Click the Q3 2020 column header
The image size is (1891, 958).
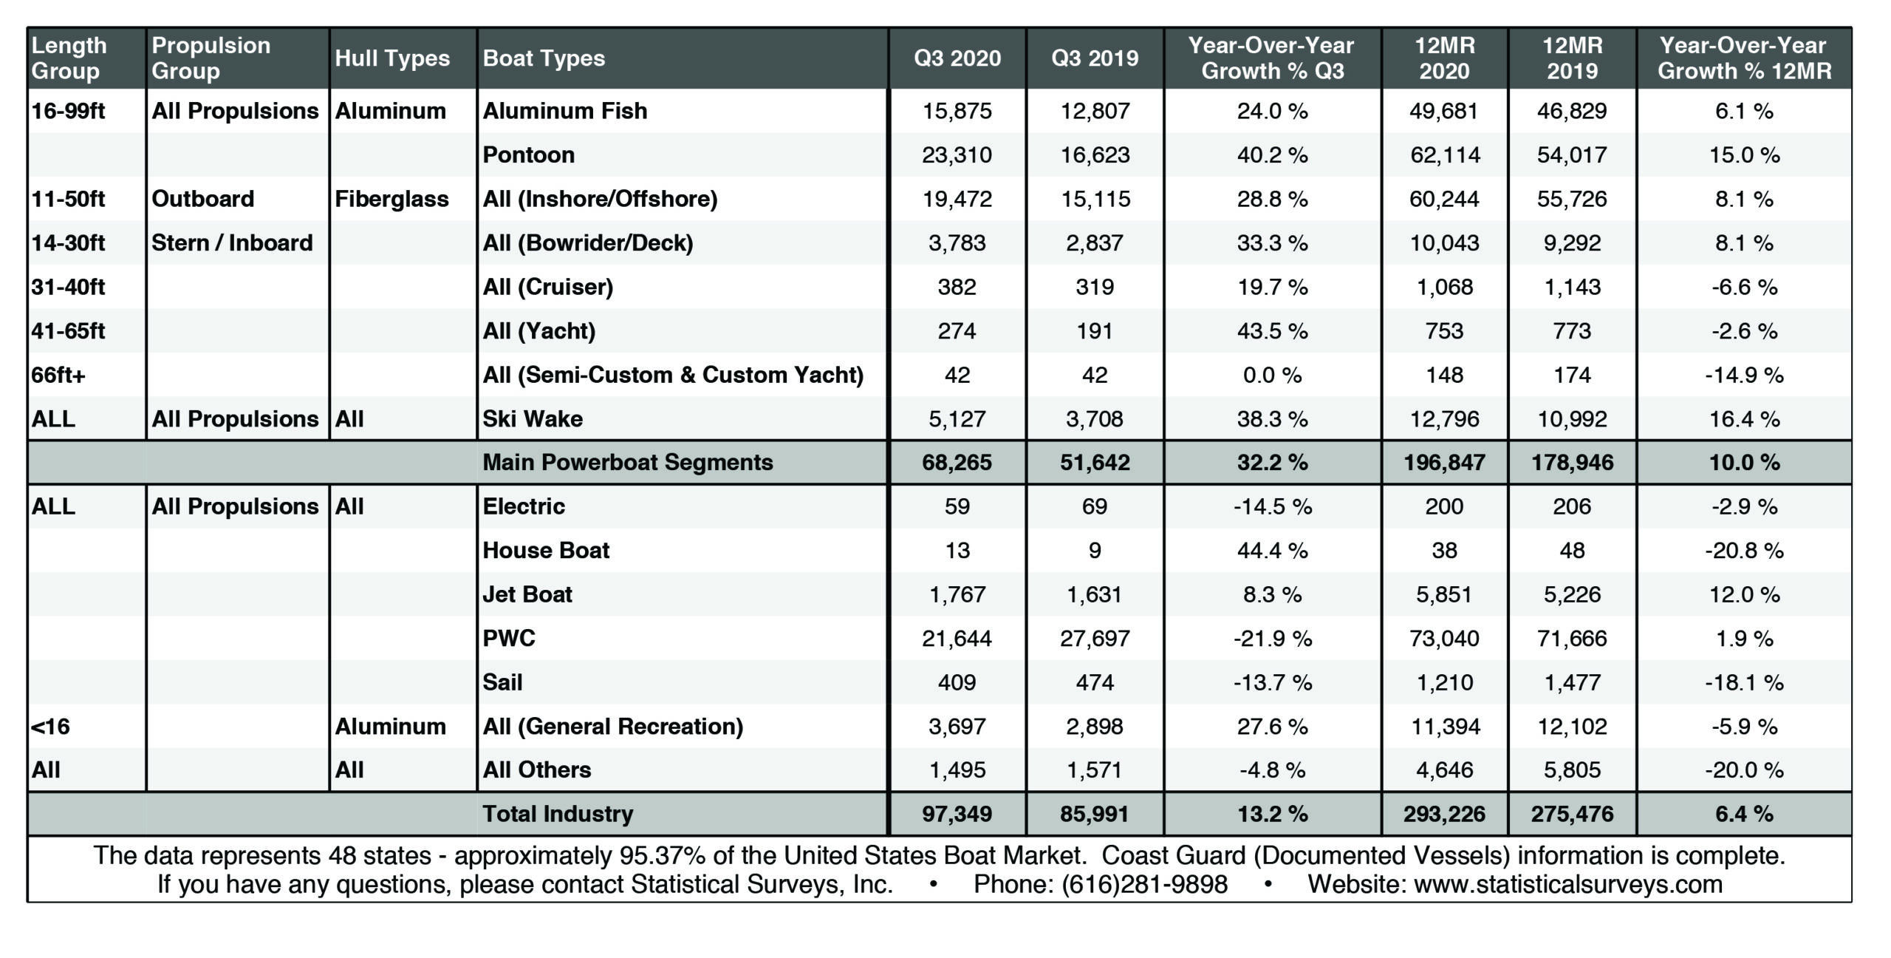click(x=957, y=58)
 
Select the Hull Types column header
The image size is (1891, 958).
click(x=392, y=58)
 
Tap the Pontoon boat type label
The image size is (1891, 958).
click(x=528, y=154)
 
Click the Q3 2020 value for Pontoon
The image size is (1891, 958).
click(x=957, y=154)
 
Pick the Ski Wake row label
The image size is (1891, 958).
click(x=533, y=419)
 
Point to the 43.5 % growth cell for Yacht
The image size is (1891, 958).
click(x=1272, y=330)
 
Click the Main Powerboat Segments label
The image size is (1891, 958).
click(x=628, y=463)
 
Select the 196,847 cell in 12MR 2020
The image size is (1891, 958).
click(x=1444, y=463)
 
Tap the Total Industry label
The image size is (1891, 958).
click(x=558, y=814)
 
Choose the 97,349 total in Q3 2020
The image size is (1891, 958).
click(x=957, y=814)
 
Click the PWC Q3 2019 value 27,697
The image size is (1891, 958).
click(x=1095, y=638)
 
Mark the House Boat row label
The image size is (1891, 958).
click(x=546, y=551)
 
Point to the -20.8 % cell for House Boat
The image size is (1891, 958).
click(x=1744, y=551)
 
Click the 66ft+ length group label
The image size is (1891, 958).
click(x=58, y=375)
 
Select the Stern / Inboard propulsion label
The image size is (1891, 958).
click(x=232, y=243)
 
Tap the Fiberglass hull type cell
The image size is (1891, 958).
click(x=391, y=199)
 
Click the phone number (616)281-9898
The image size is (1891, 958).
click(x=1144, y=884)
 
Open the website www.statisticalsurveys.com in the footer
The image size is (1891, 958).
click(x=1568, y=884)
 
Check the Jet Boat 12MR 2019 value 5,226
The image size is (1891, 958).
click(x=1572, y=594)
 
